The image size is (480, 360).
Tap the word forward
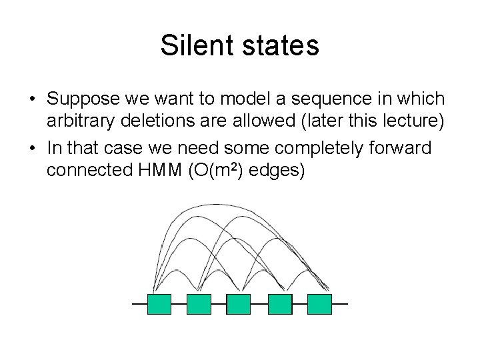(x=399, y=147)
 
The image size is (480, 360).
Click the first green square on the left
(x=159, y=304)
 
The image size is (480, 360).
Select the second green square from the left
(x=199, y=304)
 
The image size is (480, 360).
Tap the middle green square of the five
(x=239, y=304)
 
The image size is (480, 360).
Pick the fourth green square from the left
(x=280, y=304)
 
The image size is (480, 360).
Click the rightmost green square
(x=319, y=304)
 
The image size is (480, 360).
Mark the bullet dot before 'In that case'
(x=32, y=148)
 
